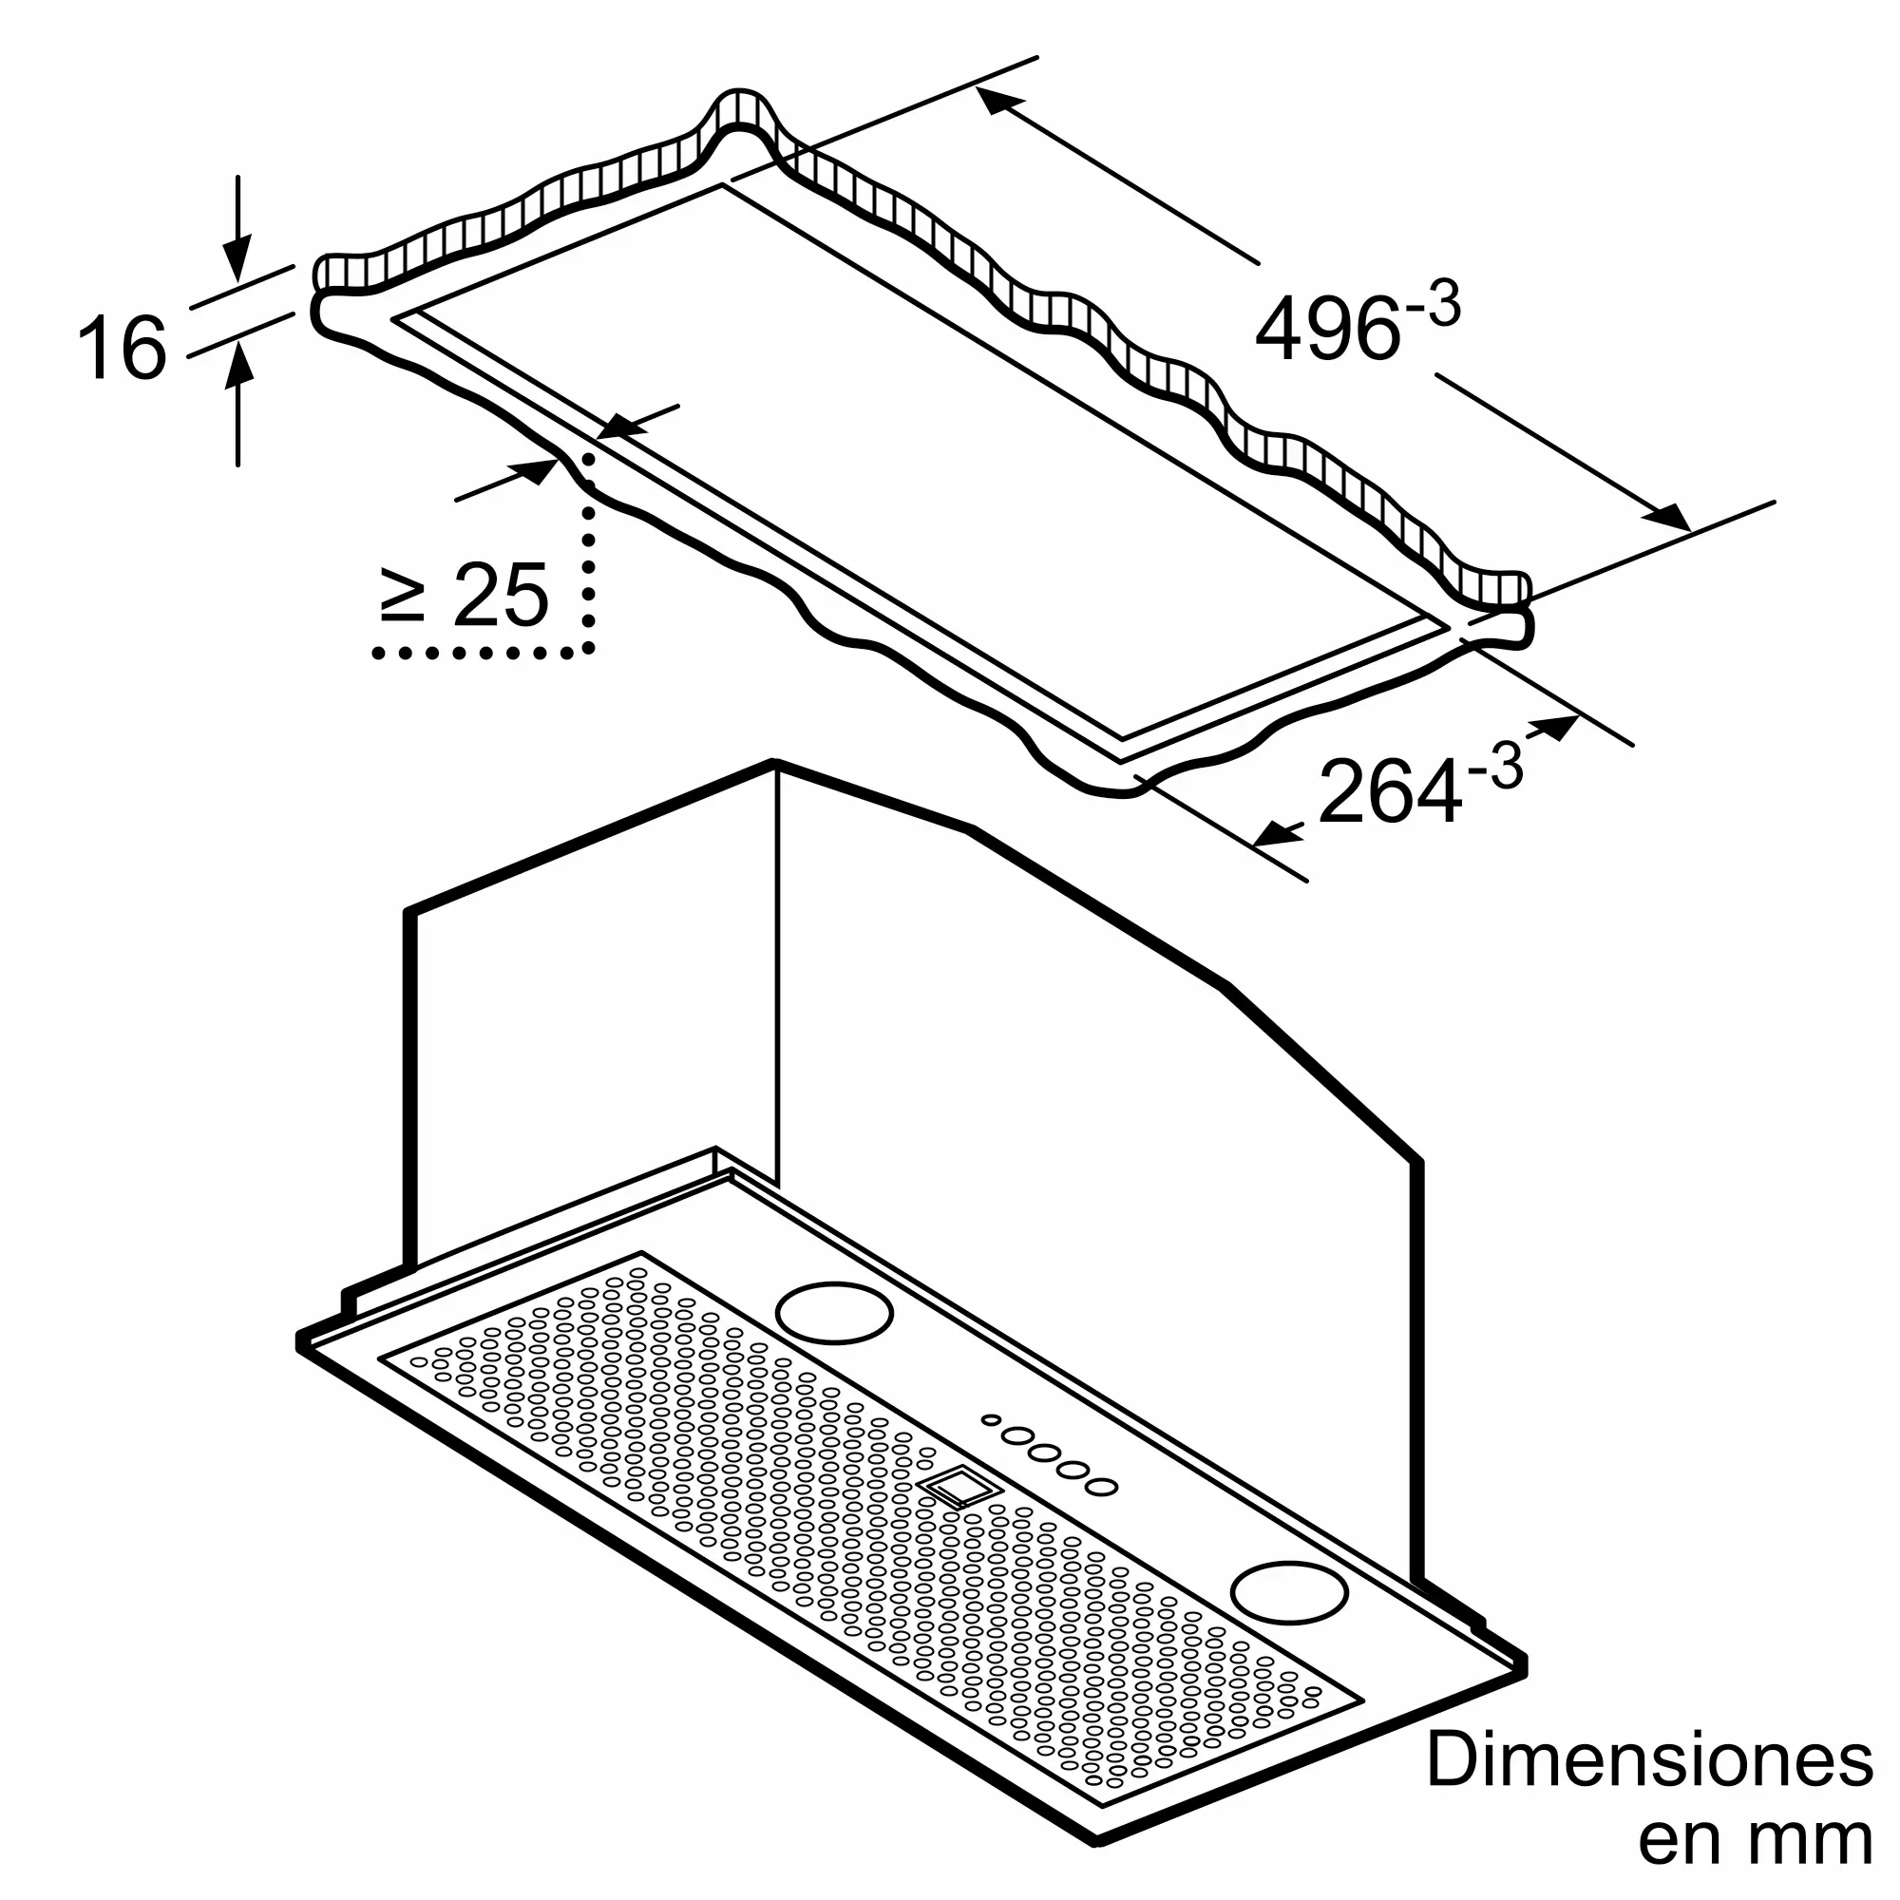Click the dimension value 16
pyautogui.click(x=122, y=347)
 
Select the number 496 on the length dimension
pyautogui.click(x=1328, y=330)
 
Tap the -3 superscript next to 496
pyautogui.click(x=1433, y=307)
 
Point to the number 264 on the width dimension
pyautogui.click(x=1390, y=791)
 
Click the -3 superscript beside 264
pyautogui.click(x=1494, y=767)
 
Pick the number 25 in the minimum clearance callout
pyautogui.click(x=501, y=595)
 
